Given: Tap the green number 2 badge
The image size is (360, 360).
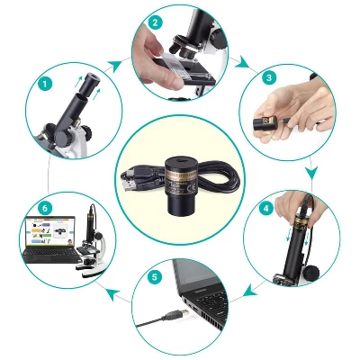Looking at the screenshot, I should coord(156,22).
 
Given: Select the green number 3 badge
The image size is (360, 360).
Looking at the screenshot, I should coord(267,78).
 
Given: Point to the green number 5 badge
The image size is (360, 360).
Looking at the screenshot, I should coord(154,278).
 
